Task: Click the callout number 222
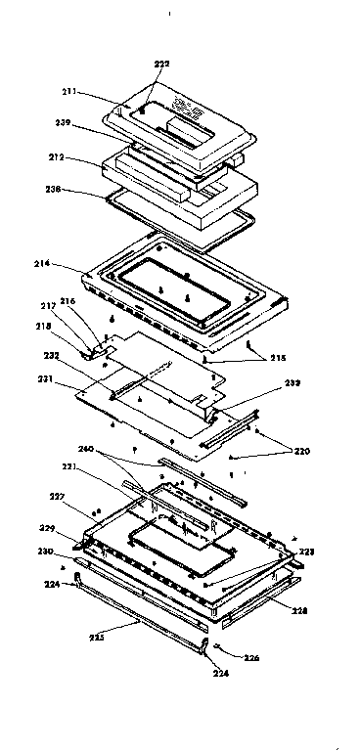point(160,64)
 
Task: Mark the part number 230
point(45,552)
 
